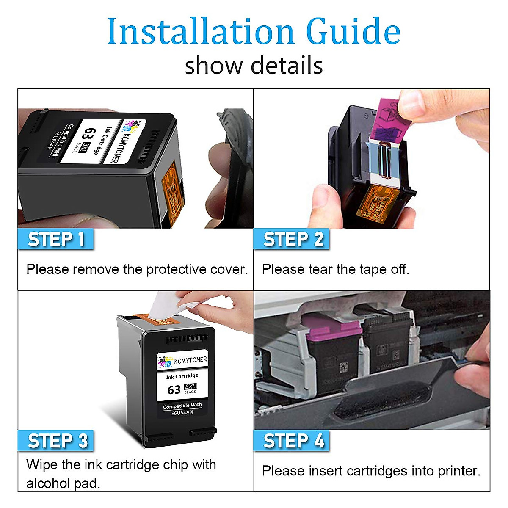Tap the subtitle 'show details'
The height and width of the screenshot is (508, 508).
[x=254, y=66]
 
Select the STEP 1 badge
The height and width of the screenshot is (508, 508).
[x=56, y=239]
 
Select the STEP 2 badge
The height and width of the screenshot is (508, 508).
[x=292, y=239]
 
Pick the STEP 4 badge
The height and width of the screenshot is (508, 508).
[x=293, y=441]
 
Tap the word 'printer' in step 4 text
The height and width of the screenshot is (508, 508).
[x=457, y=471]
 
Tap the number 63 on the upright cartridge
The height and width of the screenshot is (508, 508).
[x=174, y=389]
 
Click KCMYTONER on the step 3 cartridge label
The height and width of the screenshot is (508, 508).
[x=190, y=360]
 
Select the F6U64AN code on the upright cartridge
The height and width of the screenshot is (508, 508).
[x=182, y=413]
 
